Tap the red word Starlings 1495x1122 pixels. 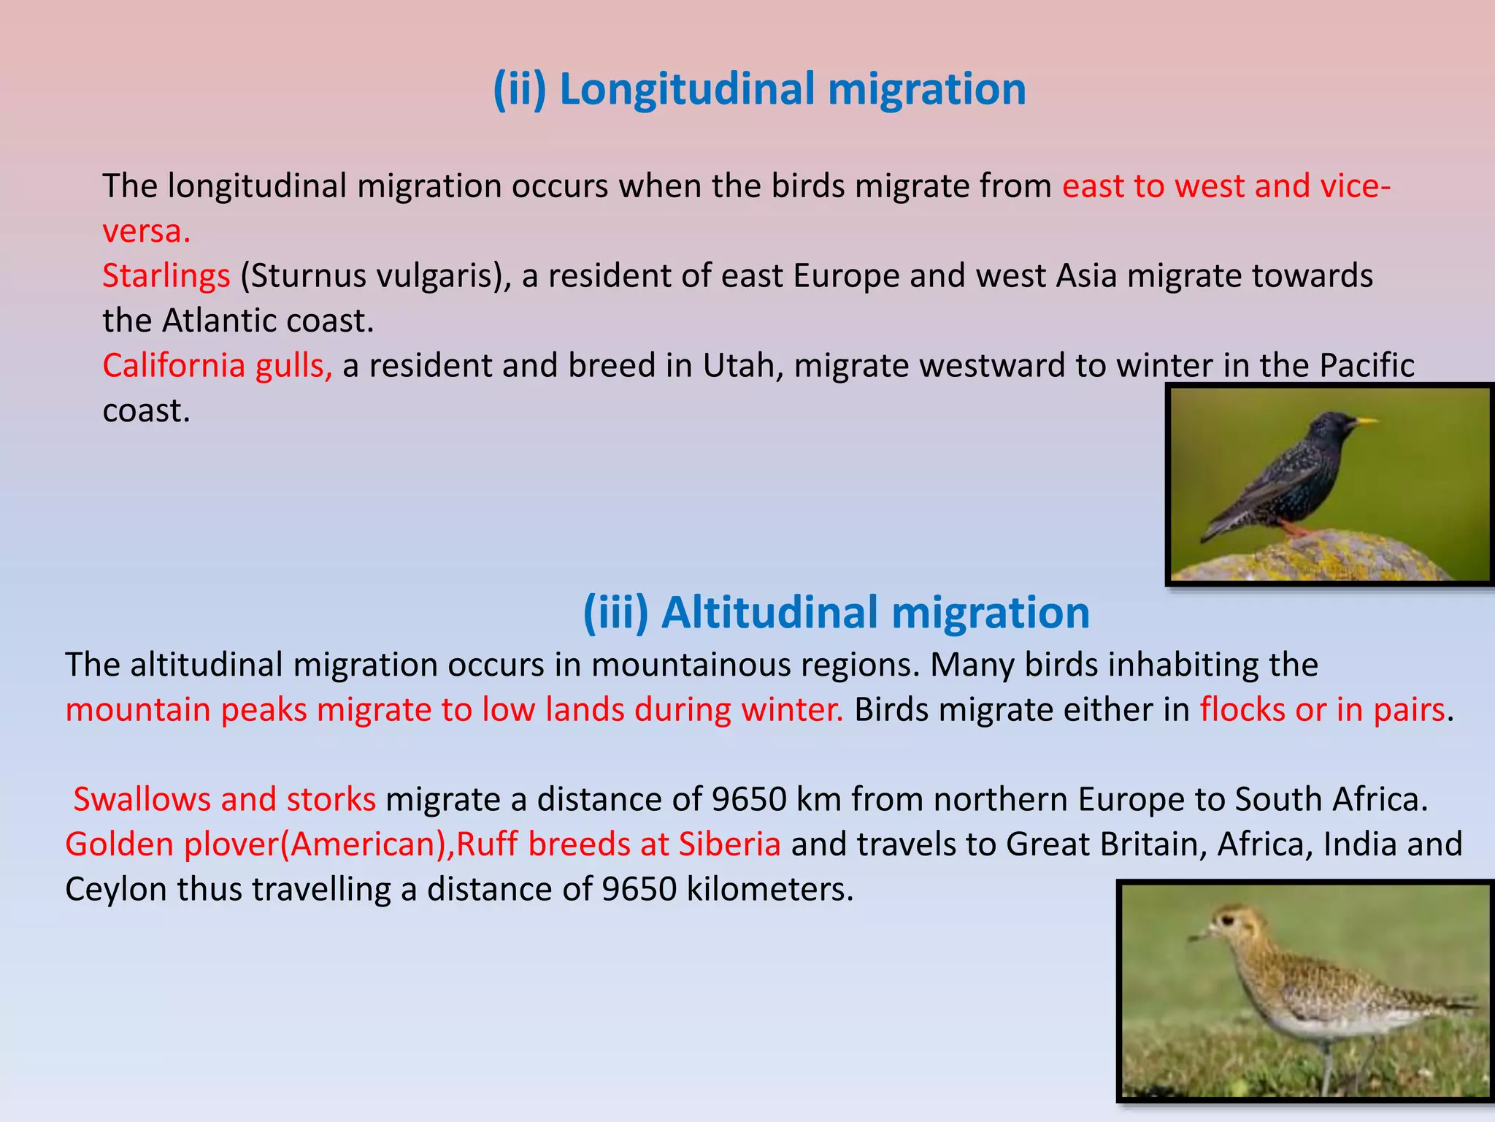166,276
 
